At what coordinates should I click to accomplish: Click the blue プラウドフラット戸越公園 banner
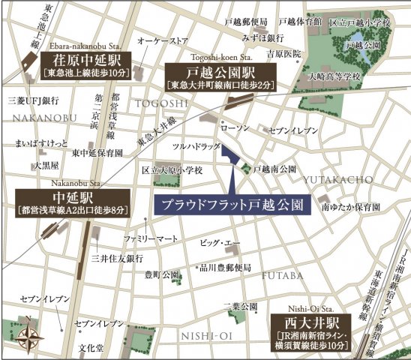[x=232, y=204]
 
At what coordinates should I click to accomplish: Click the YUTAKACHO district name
[x=337, y=179]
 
